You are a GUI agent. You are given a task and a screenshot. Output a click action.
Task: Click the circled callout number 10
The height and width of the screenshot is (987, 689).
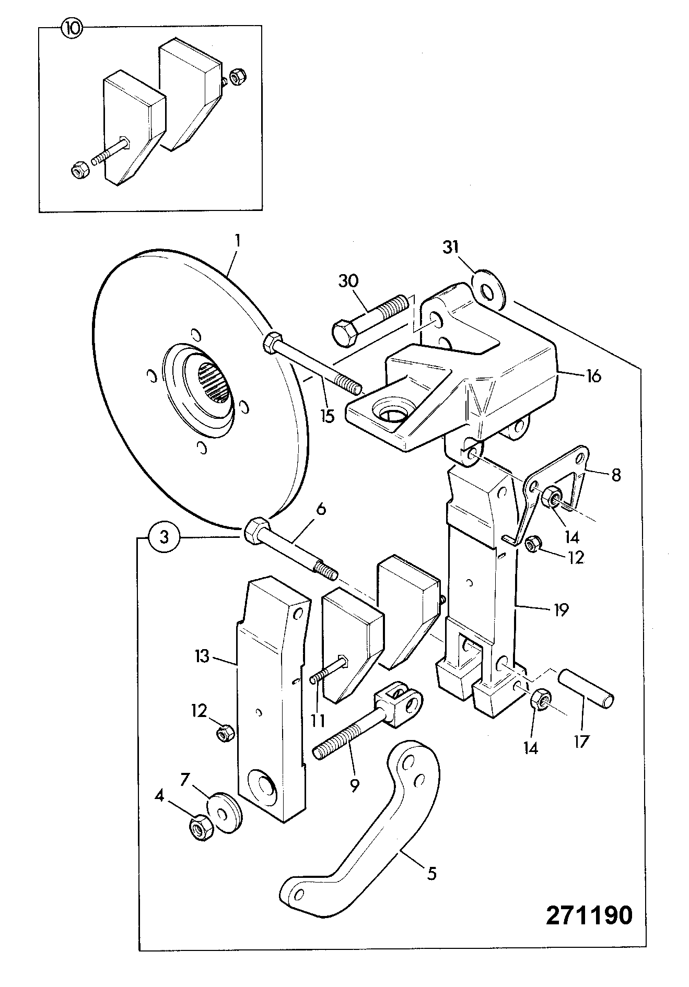click(x=72, y=29)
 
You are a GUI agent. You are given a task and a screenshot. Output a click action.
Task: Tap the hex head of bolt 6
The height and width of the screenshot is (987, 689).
click(x=255, y=531)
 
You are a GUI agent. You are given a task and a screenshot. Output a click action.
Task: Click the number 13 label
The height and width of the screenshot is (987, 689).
click(x=202, y=656)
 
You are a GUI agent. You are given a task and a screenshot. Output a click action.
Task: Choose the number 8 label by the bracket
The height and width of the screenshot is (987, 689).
click(x=616, y=476)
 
